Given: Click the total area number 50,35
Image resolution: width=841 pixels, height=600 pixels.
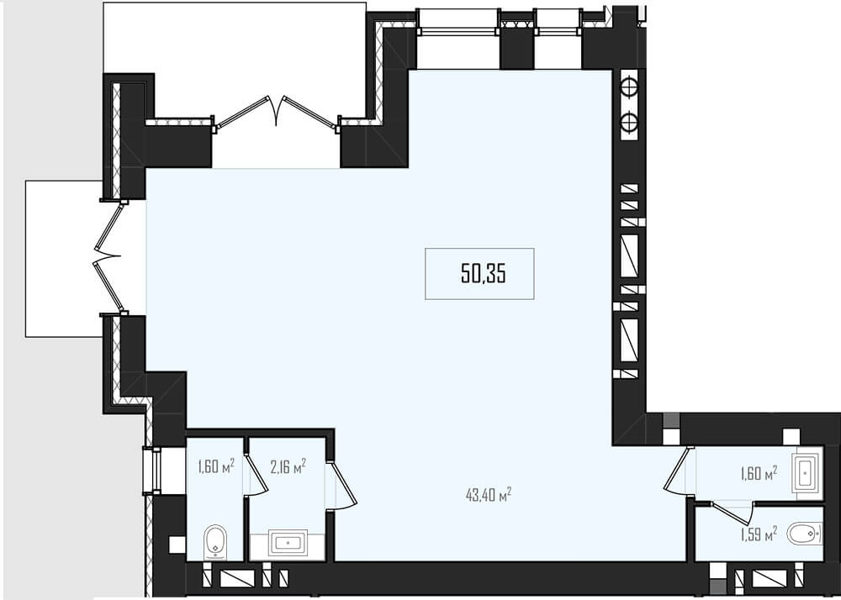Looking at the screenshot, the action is point(484,274).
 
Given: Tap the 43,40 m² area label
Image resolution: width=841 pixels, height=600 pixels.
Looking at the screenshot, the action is point(489,494).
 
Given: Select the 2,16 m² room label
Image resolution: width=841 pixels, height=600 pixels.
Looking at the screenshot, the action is point(288,466).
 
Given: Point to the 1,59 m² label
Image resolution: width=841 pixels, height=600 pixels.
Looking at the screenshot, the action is point(759,534).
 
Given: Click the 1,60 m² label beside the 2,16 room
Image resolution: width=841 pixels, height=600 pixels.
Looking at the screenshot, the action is point(215,466).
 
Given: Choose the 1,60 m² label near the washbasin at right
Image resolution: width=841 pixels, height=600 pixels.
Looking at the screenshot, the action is point(759,473).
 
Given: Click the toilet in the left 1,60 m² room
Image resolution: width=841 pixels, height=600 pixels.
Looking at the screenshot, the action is point(215,542).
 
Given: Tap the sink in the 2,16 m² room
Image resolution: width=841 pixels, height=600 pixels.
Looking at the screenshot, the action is point(288,544).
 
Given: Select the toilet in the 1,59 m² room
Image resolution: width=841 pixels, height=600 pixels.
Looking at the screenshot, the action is point(804,534).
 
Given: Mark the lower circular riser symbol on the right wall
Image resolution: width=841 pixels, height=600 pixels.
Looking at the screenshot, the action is point(630,123).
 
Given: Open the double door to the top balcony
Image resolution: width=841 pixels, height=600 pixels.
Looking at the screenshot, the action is point(276,113).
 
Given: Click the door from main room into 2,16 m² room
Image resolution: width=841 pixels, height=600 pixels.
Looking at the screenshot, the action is point(341,484).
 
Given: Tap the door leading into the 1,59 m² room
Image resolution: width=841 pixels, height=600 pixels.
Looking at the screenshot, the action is point(733,513).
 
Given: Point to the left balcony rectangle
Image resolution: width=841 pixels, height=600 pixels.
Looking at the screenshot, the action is point(65,259).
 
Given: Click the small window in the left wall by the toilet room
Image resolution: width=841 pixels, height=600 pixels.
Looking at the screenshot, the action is point(151,471).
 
